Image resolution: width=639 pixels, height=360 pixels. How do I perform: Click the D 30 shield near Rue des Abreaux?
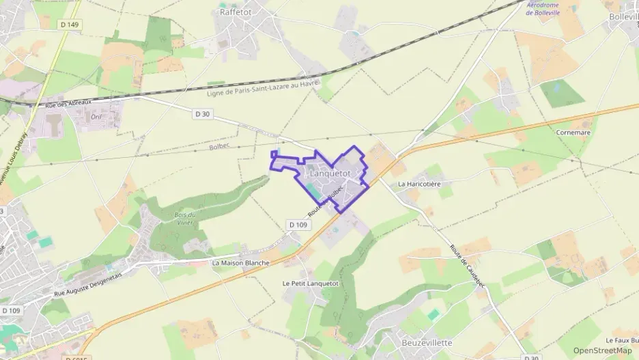pos(201,114)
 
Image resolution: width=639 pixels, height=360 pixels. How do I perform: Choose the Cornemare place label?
pos(573,132)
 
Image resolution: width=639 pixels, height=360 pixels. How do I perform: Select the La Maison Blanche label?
pos(241,262)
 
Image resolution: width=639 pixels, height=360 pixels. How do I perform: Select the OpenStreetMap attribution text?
pos(602,350)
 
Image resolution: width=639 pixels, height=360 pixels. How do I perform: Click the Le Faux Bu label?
pos(621,340)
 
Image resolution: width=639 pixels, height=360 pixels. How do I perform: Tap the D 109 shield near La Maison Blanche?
pos(298,224)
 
